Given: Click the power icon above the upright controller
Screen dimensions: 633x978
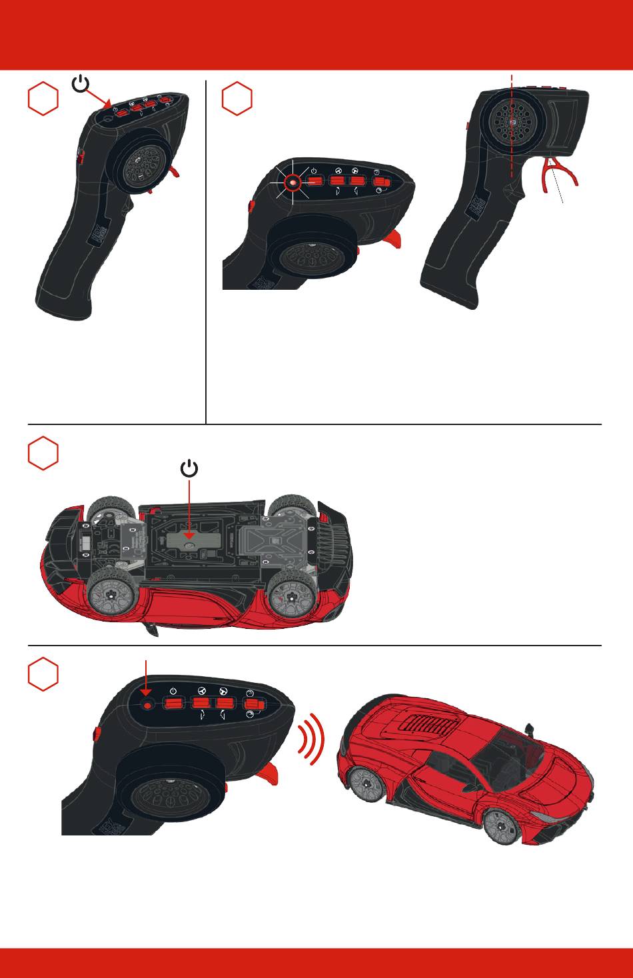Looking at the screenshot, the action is click(80, 85).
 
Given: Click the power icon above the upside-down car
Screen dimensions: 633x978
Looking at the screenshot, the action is click(190, 469).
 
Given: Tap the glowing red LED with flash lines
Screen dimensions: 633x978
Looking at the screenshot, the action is click(291, 181).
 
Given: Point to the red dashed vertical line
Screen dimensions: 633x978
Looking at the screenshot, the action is click(512, 133).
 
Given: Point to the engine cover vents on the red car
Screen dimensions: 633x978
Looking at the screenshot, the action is click(428, 724).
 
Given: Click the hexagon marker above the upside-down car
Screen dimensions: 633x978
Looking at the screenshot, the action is click(43, 453).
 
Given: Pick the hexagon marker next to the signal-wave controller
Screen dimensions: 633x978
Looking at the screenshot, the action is click(43, 674).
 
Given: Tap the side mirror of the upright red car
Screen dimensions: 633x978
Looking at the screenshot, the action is click(530, 730).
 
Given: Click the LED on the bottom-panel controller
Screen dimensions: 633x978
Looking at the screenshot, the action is click(148, 704).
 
